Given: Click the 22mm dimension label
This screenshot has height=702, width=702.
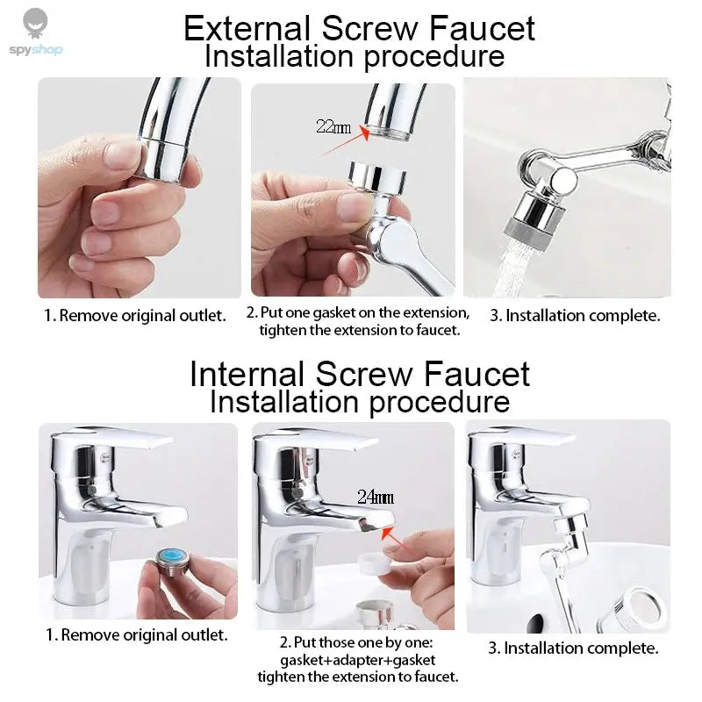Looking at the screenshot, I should [x=333, y=125].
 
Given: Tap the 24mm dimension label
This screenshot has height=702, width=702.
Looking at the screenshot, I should [x=375, y=498].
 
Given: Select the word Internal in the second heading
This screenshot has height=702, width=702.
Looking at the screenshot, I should [x=247, y=374].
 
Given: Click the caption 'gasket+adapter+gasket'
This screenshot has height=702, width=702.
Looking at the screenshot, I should [x=358, y=659].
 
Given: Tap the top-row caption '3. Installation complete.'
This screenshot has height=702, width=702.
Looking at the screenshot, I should [x=575, y=315].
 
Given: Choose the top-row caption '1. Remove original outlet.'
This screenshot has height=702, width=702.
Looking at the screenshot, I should [x=135, y=315].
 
